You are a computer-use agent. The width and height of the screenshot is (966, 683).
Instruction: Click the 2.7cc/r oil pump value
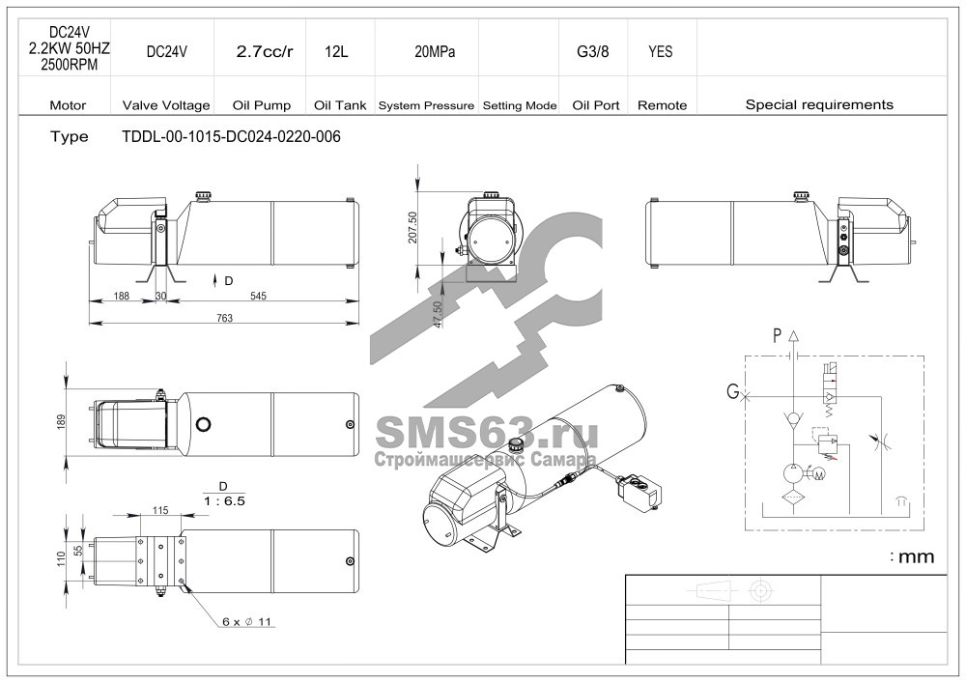(265, 52)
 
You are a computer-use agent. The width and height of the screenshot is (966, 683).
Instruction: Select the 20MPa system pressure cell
(435, 52)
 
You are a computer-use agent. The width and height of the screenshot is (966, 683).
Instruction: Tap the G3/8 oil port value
(593, 52)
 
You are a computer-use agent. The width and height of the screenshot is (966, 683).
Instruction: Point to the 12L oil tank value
(336, 52)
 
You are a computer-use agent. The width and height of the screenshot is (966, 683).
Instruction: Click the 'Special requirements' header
(819, 104)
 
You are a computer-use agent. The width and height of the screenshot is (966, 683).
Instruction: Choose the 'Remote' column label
(663, 105)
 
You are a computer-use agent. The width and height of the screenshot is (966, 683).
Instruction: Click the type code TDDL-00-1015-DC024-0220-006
(231, 137)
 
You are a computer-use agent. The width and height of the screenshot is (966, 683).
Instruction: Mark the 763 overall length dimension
(225, 318)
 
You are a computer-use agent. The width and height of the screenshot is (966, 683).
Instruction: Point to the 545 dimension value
(258, 297)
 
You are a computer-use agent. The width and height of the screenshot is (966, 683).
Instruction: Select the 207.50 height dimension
(412, 228)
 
